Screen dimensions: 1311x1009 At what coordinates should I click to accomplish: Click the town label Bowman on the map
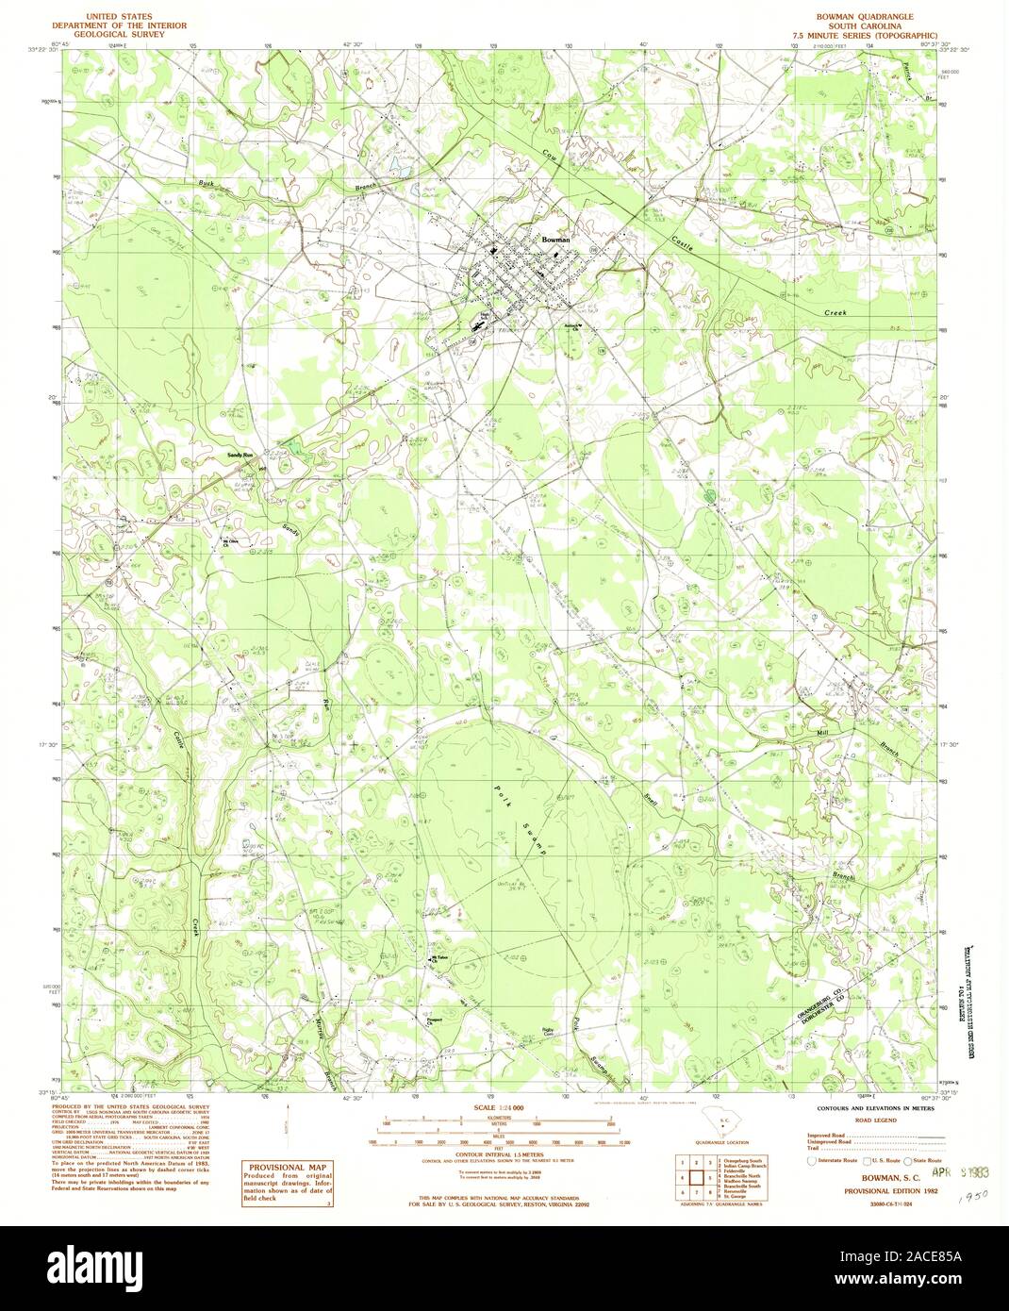[554, 240]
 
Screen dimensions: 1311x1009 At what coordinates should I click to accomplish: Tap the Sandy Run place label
[241, 456]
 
